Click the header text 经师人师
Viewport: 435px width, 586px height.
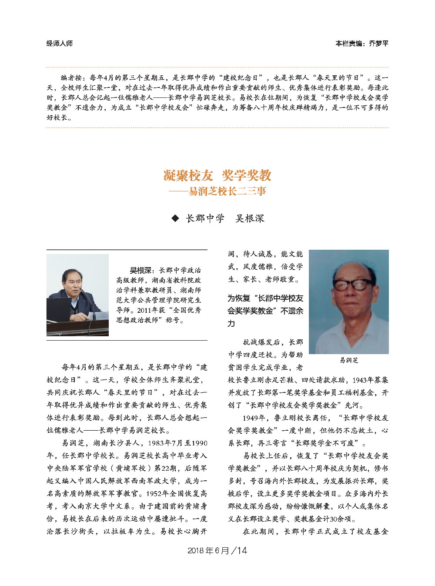pos(59,43)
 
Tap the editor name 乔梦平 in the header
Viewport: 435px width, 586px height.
pos(378,43)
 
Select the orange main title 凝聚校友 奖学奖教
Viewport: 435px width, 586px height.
pos(217,175)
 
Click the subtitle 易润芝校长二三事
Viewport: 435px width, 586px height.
pos(227,191)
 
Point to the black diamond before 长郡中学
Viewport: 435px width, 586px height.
pos(175,218)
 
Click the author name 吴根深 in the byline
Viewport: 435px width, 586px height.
pos(250,218)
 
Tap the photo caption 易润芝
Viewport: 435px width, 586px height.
pos(349,360)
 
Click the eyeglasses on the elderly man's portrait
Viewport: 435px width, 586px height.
pos(350,285)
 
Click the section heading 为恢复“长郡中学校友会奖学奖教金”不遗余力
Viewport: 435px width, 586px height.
pos(265,311)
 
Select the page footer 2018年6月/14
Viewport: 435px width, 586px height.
pos(217,550)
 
